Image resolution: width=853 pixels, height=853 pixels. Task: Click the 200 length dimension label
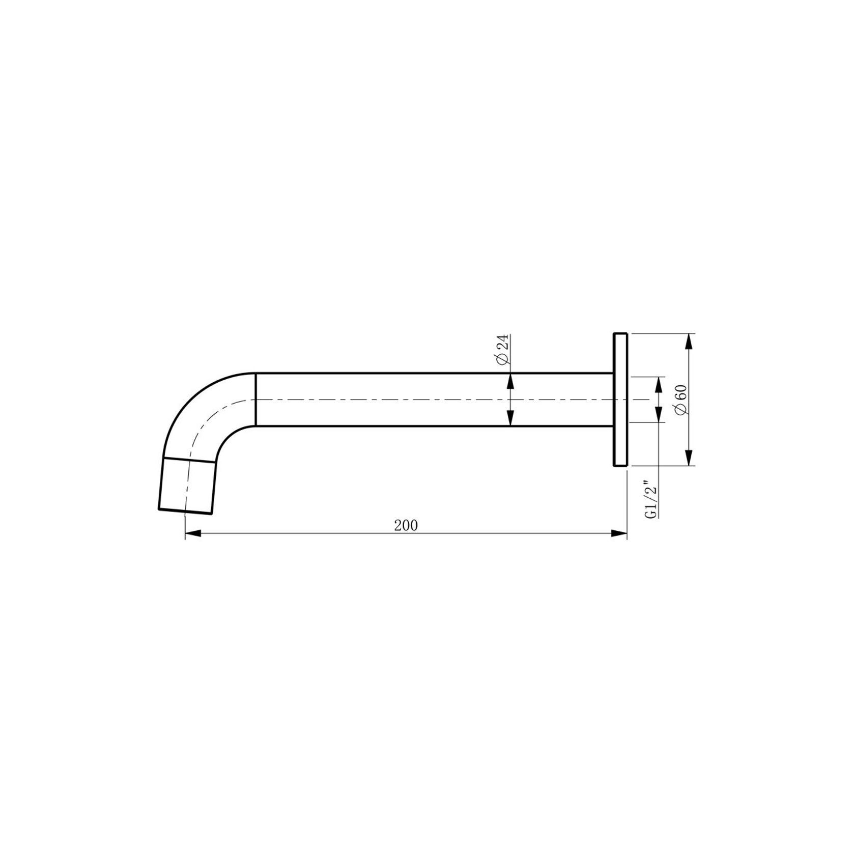pyautogui.click(x=406, y=525)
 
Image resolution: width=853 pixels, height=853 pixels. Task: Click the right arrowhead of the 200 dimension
pyautogui.click(x=618, y=533)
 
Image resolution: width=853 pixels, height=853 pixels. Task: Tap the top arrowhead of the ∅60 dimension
pyautogui.click(x=689, y=342)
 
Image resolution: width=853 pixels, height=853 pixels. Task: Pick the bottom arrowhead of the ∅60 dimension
pyautogui.click(x=689, y=457)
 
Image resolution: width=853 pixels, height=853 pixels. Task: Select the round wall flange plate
pyautogui.click(x=620, y=400)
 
